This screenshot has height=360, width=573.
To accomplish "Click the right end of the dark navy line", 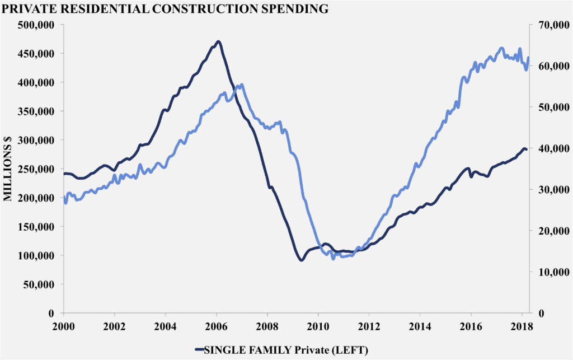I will (526, 149).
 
